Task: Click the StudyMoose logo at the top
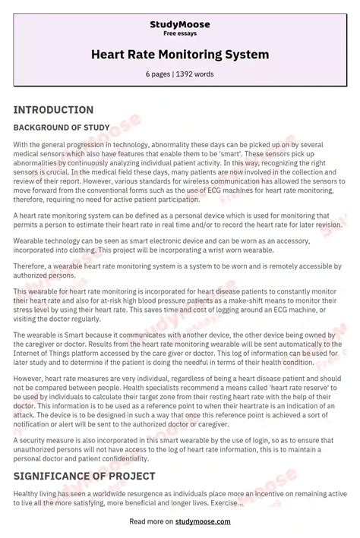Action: tap(179, 25)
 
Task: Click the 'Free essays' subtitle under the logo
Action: tap(179, 34)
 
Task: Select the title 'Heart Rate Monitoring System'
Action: tap(179, 55)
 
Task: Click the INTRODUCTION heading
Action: tap(53, 110)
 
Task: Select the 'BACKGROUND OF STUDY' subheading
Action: tap(62, 127)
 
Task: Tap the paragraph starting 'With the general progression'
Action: tap(175, 171)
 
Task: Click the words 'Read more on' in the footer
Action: tap(152, 522)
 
